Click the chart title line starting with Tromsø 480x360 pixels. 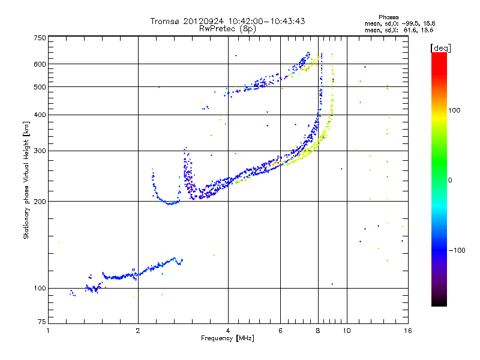click(228, 21)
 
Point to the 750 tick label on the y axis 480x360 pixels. click(40, 38)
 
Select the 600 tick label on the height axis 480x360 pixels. click(40, 64)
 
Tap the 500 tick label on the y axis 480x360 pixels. click(40, 87)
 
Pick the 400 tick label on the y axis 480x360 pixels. click(40, 115)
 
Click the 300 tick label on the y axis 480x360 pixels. click(40, 151)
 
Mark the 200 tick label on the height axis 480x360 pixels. click(40, 202)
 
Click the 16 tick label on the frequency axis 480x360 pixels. click(407, 331)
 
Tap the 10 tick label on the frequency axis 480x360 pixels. click(346, 331)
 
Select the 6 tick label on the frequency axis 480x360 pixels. click(280, 331)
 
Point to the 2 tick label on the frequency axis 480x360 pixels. click(138, 331)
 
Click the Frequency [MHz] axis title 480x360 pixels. click(227, 338)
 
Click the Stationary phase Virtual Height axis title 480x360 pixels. click(26, 180)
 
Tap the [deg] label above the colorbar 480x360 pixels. click(441, 47)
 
